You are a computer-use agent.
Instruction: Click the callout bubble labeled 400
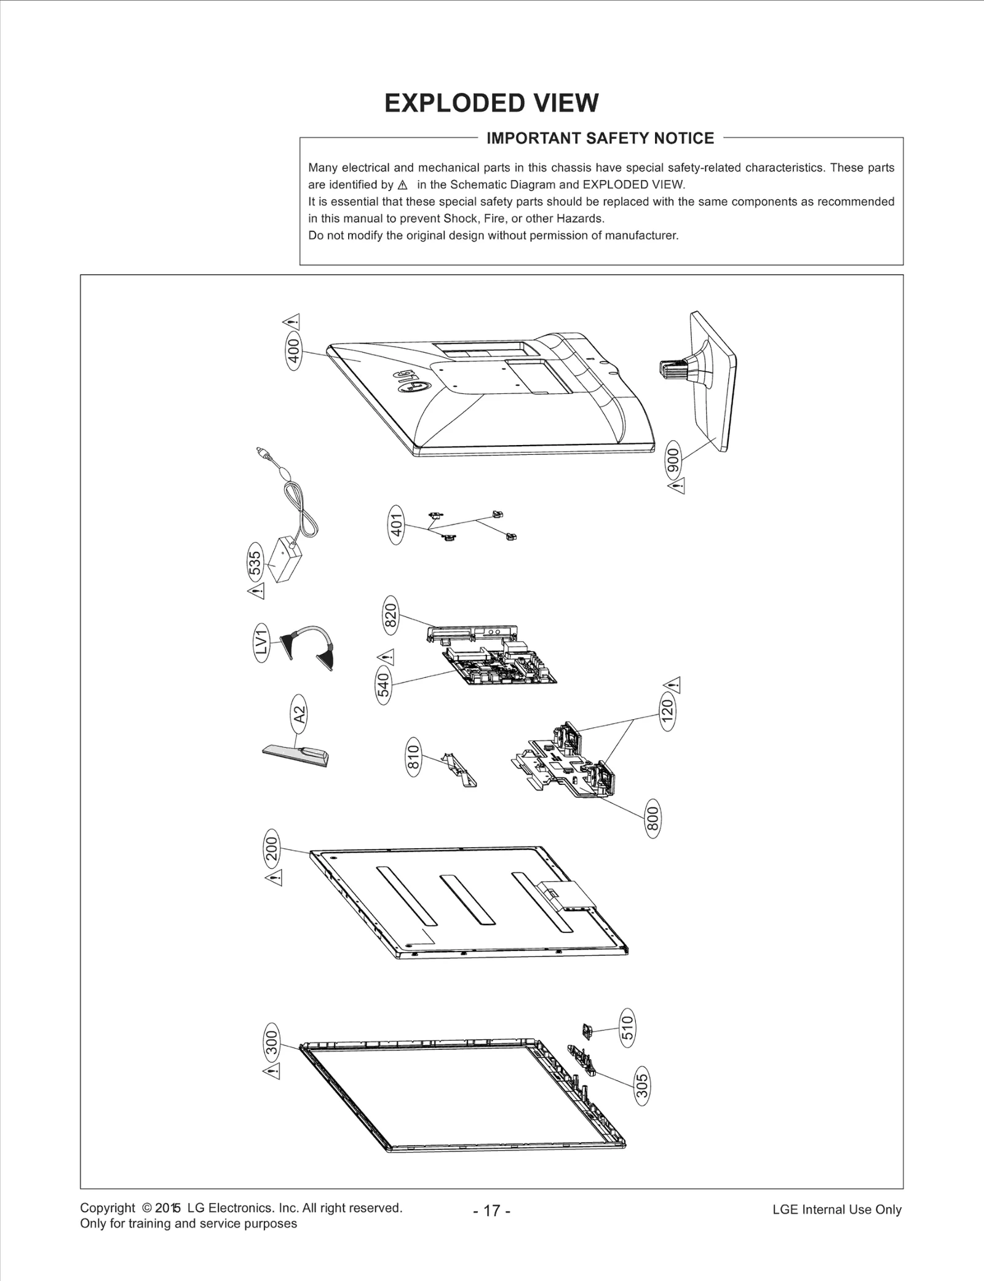coord(294,352)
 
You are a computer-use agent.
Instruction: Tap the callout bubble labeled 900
coord(674,460)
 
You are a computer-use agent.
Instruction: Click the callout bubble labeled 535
coord(255,562)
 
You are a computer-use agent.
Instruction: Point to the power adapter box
coord(285,559)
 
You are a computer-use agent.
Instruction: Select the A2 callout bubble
coord(298,714)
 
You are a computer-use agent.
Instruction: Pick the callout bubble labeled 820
coord(391,615)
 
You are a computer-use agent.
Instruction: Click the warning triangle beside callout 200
coord(274,878)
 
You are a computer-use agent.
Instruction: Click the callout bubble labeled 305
coord(641,1087)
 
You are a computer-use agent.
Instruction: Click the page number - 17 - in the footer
coord(491,1211)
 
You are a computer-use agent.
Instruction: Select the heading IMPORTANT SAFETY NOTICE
coord(600,138)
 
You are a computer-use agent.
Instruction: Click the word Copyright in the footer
coord(107,1208)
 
